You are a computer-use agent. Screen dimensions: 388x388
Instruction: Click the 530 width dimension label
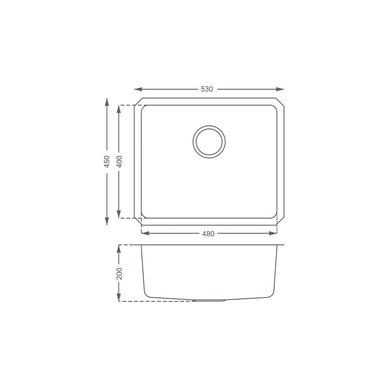207,89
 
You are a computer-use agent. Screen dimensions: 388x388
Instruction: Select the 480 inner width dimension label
209,234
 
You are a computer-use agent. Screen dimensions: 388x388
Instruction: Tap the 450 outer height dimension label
107,162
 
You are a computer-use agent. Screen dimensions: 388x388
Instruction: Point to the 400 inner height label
119,162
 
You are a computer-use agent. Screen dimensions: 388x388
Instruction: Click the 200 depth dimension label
119,273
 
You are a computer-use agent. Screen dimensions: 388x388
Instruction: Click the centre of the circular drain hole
209,141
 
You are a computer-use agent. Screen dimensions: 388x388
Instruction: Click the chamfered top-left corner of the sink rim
138,102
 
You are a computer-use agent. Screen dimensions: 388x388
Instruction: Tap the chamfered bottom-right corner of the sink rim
280,222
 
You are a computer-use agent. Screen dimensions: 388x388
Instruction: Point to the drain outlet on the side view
210,300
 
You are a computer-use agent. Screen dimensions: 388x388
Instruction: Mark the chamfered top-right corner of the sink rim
280,102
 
